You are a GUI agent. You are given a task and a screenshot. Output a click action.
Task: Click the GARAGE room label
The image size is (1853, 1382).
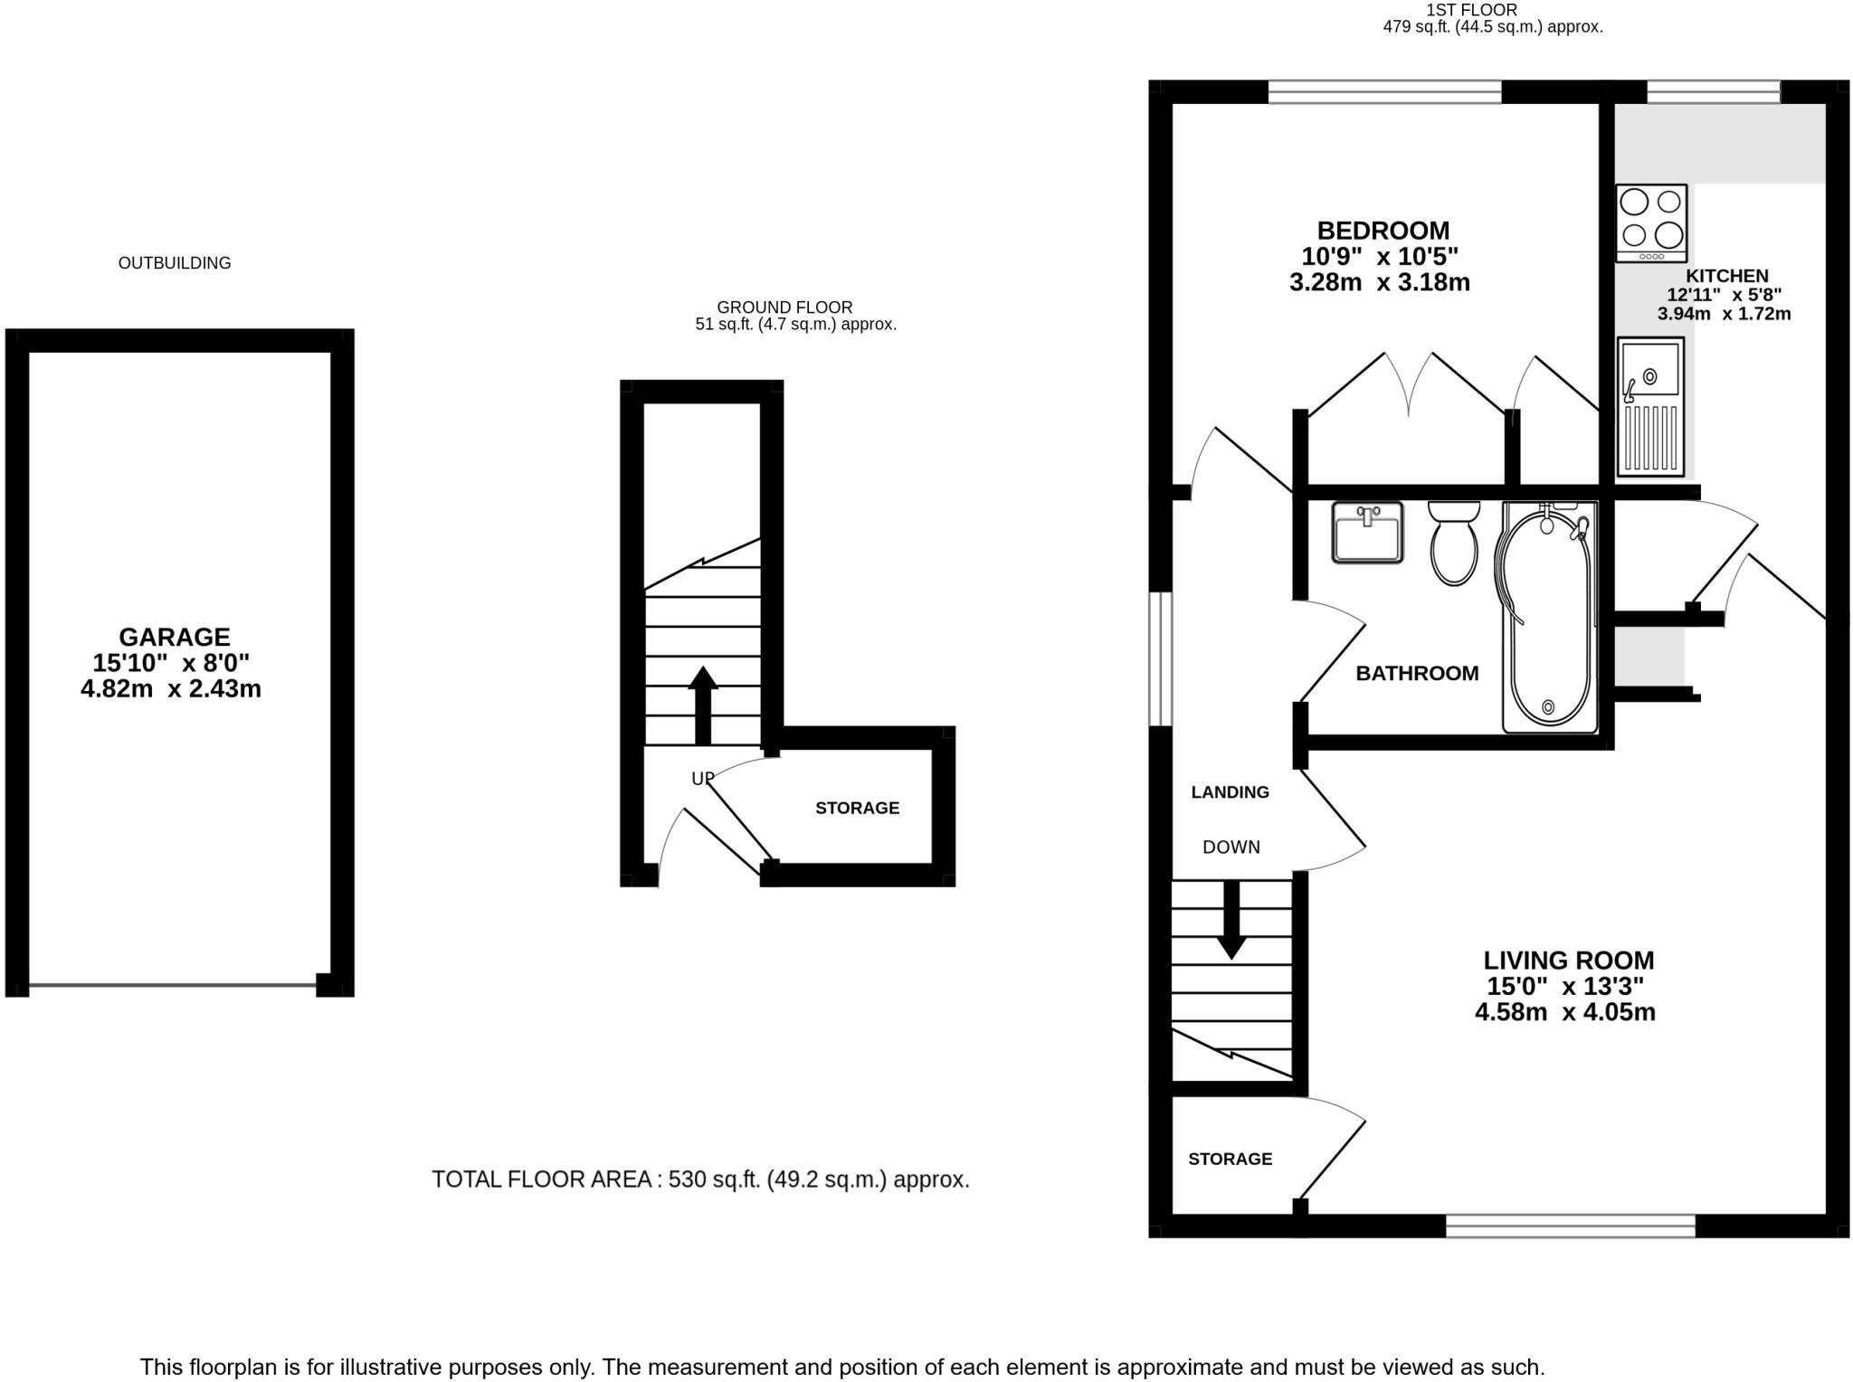[175, 637]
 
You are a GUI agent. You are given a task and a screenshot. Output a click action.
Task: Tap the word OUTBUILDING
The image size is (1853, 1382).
[175, 263]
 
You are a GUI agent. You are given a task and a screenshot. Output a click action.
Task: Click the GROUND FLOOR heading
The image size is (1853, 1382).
[784, 308]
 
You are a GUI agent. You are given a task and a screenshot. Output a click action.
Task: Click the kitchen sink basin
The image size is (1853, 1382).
[1649, 371]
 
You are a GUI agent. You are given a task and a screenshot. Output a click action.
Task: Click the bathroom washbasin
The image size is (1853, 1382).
[1367, 533]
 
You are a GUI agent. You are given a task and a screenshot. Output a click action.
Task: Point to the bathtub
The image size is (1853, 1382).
[1547, 615]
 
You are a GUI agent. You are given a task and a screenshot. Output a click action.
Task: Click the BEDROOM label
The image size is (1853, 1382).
[1383, 231]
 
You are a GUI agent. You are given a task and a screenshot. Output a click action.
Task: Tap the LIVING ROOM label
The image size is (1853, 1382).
[1568, 960]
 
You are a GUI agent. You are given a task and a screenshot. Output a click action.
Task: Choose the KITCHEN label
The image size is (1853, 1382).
[1726, 276]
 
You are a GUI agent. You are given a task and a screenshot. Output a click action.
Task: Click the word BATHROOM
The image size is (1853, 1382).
[1417, 673]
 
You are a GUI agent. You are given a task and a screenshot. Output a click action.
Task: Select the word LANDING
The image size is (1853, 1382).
[1230, 792]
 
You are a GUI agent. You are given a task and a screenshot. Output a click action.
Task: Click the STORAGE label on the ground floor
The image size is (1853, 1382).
[857, 808]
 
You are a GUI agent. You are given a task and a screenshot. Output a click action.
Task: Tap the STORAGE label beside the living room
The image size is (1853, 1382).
[1230, 1159]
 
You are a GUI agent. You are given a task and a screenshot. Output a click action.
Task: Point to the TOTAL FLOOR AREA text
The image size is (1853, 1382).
[699, 1179]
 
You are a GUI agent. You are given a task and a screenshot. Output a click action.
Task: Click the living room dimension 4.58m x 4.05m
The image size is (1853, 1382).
[1564, 1012]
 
